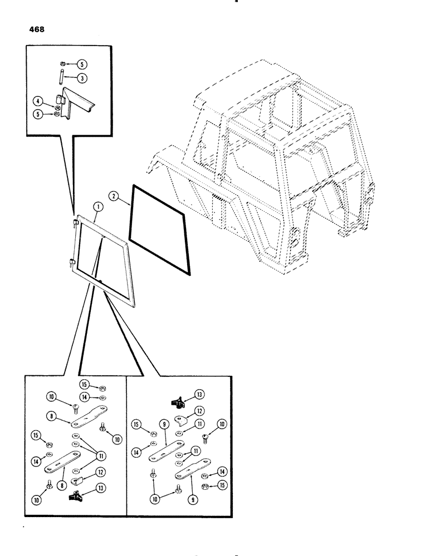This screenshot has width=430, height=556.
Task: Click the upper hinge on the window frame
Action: (x=75, y=223)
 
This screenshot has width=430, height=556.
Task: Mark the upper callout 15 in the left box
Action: (x=85, y=384)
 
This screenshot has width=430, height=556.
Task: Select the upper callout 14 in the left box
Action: (x=85, y=397)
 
